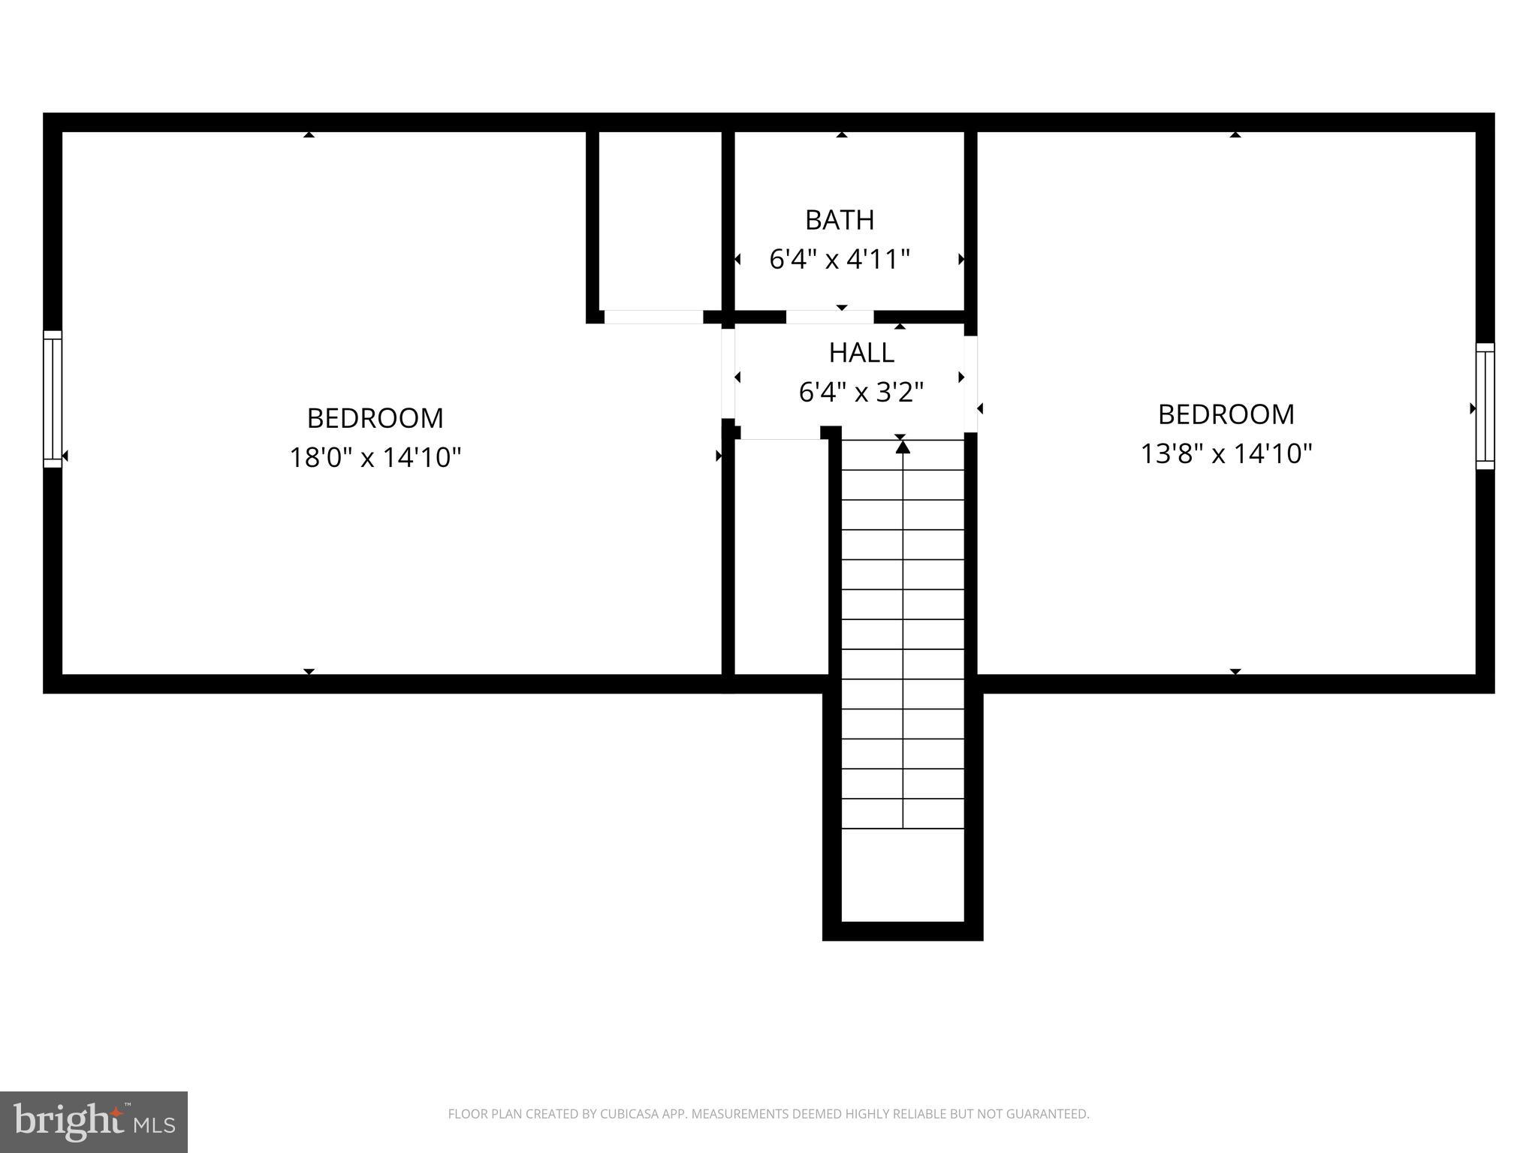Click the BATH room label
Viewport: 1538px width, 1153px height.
click(x=840, y=220)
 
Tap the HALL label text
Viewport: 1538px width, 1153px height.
click(x=861, y=353)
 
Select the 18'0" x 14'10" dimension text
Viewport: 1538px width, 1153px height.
click(x=375, y=456)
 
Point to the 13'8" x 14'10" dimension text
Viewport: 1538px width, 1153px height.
click(x=1226, y=453)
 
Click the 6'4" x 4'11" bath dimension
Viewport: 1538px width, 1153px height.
click(x=840, y=260)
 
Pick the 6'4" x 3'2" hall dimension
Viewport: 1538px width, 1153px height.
click(x=861, y=392)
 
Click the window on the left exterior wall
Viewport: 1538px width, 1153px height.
click(x=53, y=399)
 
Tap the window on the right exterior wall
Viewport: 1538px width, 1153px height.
click(x=1485, y=406)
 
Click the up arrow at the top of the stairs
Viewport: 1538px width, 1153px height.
click(x=903, y=447)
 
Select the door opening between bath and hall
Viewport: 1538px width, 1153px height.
click(x=830, y=317)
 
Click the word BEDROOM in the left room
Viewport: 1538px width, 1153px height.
click(x=375, y=417)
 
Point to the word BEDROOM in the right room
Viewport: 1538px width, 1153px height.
click(x=1226, y=414)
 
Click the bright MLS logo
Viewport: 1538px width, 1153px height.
click(x=93, y=1121)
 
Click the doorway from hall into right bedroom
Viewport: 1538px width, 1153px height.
click(x=970, y=384)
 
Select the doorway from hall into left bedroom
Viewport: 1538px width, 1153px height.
click(x=728, y=372)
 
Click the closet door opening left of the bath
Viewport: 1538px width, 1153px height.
click(x=653, y=317)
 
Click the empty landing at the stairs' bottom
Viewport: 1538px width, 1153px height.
click(x=903, y=875)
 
